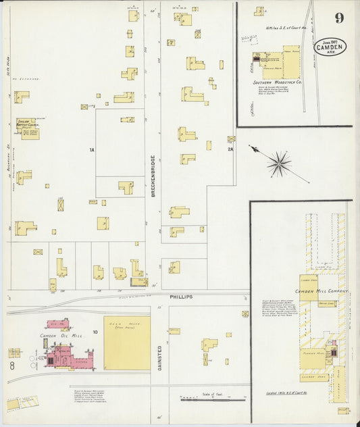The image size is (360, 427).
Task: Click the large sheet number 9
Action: [x=338, y=18]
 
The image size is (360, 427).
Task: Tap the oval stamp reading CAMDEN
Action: [x=330, y=47]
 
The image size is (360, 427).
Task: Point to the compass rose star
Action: [x=278, y=163]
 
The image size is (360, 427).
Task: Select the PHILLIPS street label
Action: [x=181, y=297]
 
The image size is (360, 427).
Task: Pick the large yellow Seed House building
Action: [x=126, y=343]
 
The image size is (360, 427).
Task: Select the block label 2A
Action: [x=230, y=149]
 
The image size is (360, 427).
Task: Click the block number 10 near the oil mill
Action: [x=95, y=332]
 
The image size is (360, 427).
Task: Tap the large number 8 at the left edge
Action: [x=12, y=366]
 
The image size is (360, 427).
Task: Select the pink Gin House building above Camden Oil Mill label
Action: [x=57, y=324]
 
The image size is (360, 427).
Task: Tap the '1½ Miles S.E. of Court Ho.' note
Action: [x=286, y=28]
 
